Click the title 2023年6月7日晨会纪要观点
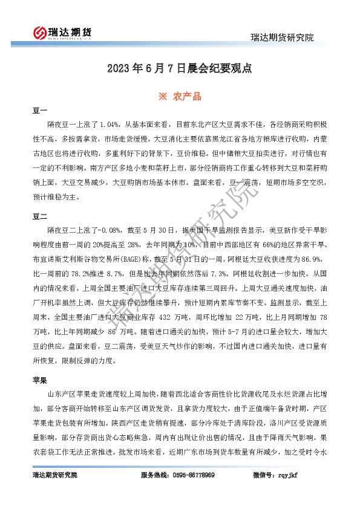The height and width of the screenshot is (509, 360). [x=179, y=69]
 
